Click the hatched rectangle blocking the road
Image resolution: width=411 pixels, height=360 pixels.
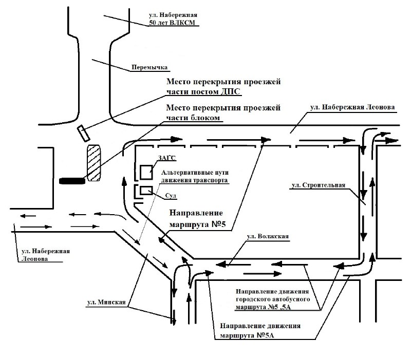[x=94, y=163]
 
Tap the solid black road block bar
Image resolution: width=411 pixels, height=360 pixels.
[x=72, y=181]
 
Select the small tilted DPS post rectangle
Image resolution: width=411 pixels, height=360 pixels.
[x=84, y=134]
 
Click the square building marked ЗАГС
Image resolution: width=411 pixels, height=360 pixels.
[x=146, y=172]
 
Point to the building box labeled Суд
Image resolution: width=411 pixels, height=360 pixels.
[x=146, y=191]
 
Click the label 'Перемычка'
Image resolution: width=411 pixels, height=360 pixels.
[x=150, y=67]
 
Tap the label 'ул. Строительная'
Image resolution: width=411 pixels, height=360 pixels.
[x=319, y=185]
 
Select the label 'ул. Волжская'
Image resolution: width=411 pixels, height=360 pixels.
[x=268, y=236]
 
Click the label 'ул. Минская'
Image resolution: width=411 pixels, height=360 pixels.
[x=106, y=302]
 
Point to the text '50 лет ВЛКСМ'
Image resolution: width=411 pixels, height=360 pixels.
[x=172, y=23]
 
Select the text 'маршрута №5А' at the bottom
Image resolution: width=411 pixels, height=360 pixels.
[x=247, y=335]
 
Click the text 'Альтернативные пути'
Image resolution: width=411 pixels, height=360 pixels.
[x=195, y=173]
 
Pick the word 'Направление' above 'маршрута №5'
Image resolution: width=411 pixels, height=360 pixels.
[x=196, y=213]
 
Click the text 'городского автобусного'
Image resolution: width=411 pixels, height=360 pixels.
[x=273, y=299]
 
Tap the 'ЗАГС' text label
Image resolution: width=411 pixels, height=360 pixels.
[x=166, y=158]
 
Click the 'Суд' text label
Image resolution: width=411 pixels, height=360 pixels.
[x=171, y=196]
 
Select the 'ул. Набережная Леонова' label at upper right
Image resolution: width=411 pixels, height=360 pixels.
[x=352, y=107]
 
